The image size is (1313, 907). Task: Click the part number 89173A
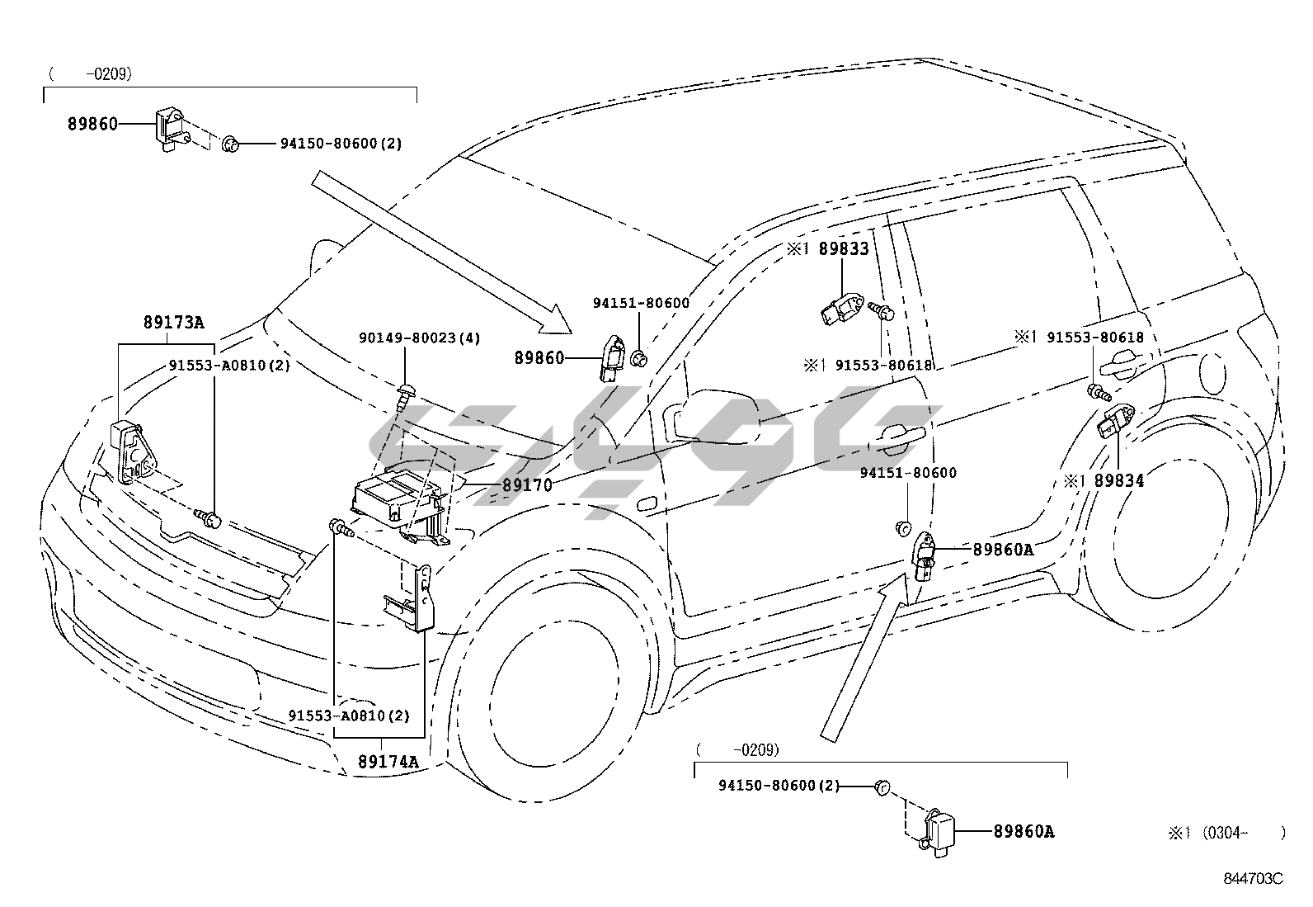click(x=173, y=322)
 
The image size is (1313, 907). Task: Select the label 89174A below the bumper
click(x=388, y=762)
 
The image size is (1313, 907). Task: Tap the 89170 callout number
click(x=527, y=485)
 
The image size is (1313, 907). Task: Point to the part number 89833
click(x=844, y=248)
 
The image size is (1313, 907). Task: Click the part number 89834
click(x=1119, y=480)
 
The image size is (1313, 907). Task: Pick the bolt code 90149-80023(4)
click(x=420, y=338)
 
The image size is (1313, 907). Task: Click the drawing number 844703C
click(x=1254, y=878)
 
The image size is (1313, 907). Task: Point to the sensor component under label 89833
click(x=841, y=309)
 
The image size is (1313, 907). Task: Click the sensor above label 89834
click(x=1116, y=421)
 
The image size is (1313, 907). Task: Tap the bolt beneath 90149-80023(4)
click(x=403, y=397)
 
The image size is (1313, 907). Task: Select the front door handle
click(x=901, y=437)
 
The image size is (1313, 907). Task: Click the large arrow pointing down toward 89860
click(x=441, y=253)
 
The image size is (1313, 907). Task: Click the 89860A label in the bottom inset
click(x=1024, y=831)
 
